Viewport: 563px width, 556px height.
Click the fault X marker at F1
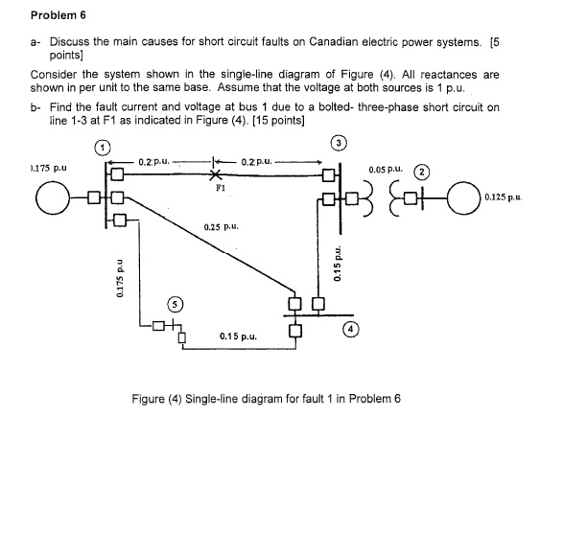tap(217, 175)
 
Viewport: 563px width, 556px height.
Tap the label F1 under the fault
tap(217, 189)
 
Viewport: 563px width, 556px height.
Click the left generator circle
tap(55, 199)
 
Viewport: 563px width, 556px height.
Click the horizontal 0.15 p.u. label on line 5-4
tap(237, 336)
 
